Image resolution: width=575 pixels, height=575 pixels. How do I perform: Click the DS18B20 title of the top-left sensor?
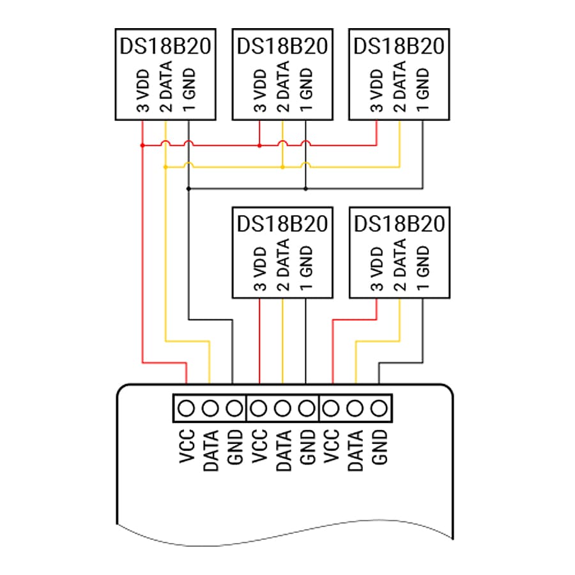[x=165, y=46]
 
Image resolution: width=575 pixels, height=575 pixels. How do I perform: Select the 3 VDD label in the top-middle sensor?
[x=260, y=90]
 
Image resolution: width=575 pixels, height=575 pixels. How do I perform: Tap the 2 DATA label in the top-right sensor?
[x=400, y=86]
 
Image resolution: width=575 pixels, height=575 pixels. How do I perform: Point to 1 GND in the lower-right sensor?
[x=423, y=268]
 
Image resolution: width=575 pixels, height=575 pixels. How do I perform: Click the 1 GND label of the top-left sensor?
[x=189, y=90]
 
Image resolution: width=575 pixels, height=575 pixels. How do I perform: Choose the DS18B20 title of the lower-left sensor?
[x=282, y=224]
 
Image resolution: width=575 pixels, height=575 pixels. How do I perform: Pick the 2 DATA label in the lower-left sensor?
[x=283, y=264]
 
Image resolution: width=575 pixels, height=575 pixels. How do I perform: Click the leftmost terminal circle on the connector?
[x=187, y=408]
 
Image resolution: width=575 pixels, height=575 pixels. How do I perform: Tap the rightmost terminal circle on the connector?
[x=379, y=408]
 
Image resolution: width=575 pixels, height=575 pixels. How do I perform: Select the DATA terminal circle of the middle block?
[x=282, y=408]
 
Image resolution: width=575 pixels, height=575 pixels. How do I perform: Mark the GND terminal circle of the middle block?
[x=307, y=408]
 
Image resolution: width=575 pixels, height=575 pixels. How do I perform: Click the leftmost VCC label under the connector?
[x=187, y=447]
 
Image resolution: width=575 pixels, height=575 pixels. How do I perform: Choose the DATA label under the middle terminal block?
[x=283, y=450]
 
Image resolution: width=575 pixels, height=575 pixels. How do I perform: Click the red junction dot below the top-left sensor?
[x=142, y=146]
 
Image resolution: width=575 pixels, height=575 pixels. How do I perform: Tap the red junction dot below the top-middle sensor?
[x=259, y=146]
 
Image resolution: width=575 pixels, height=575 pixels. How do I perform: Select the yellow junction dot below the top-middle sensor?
[x=283, y=167]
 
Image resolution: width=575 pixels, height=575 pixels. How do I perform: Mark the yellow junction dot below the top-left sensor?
[x=165, y=167]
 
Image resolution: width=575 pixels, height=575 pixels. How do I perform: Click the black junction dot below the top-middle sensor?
[x=306, y=189]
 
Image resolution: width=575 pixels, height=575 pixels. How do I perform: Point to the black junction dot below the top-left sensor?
[x=189, y=189]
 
